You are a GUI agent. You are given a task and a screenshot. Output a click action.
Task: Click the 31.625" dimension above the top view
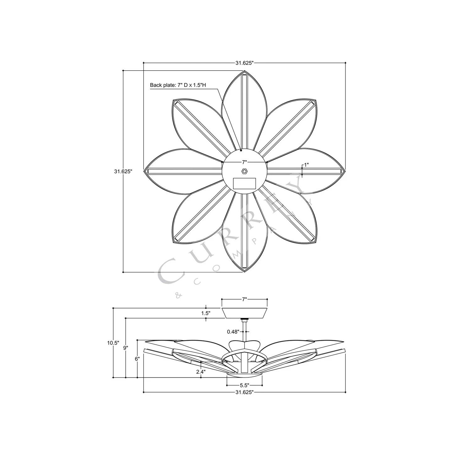point(244,63)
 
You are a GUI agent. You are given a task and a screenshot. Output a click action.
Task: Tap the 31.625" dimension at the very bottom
point(244,392)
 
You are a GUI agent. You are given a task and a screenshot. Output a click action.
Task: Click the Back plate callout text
point(178,85)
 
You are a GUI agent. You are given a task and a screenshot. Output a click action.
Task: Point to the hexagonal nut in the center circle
point(244,171)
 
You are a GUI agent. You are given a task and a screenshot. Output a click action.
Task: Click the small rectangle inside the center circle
point(244,183)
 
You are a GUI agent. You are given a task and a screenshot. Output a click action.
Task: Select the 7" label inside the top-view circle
point(244,162)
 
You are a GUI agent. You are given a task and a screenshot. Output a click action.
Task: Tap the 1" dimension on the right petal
point(306,165)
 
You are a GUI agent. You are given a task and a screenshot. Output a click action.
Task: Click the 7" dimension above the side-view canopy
point(245,300)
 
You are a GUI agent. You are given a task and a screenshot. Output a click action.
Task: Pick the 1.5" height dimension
point(206,313)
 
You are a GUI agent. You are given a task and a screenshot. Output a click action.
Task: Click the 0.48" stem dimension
point(233,331)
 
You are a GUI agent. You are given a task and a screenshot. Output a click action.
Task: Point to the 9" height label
point(126,348)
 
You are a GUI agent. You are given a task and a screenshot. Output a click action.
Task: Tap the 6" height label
point(137,359)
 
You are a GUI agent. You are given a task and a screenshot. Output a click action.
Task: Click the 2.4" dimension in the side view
point(201,372)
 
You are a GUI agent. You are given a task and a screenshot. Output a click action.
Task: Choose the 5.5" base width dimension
point(244,385)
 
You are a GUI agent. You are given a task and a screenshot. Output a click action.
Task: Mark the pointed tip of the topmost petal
point(244,72)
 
